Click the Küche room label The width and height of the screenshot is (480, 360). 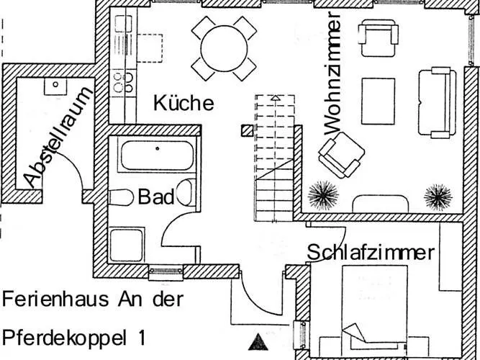click(x=184, y=103)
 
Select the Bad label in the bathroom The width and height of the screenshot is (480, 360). click(x=155, y=197)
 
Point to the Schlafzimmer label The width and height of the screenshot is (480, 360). click(x=371, y=253)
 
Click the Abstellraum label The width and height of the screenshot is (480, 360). click(x=59, y=136)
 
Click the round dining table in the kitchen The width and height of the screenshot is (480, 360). click(x=224, y=48)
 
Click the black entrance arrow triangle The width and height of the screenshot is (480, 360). click(x=258, y=341)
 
